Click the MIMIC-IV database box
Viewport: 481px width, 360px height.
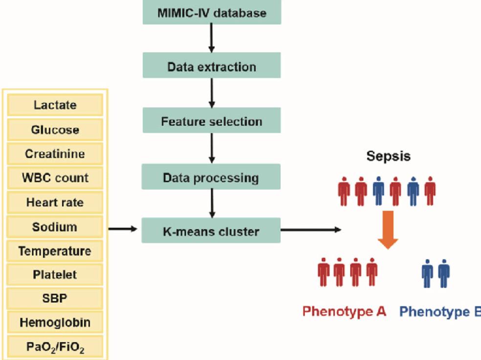pyautogui.click(x=212, y=13)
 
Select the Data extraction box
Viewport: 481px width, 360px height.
pyautogui.click(x=212, y=66)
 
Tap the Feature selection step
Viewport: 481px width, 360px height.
pyautogui.click(x=212, y=121)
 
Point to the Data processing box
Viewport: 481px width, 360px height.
pyautogui.click(x=211, y=177)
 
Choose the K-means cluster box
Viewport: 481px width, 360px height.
pyautogui.click(x=211, y=230)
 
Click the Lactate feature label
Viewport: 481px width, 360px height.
pyautogui.click(x=55, y=105)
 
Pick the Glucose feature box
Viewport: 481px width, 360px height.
pyautogui.click(x=55, y=130)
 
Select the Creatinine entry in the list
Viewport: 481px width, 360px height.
pyautogui.click(x=55, y=154)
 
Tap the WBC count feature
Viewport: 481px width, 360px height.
pyautogui.click(x=55, y=178)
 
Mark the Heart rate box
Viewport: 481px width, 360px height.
pyautogui.click(x=55, y=202)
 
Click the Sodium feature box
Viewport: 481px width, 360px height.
pyautogui.click(x=55, y=227)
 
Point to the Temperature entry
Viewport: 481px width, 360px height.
pyautogui.click(x=55, y=251)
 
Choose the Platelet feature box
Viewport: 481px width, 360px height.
pyautogui.click(x=55, y=275)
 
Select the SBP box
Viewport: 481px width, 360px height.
pyautogui.click(x=55, y=298)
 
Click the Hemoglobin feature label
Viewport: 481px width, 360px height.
pyautogui.click(x=55, y=323)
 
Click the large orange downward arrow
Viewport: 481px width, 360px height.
pyautogui.click(x=388, y=229)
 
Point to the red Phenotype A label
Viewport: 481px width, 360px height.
pyautogui.click(x=344, y=312)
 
